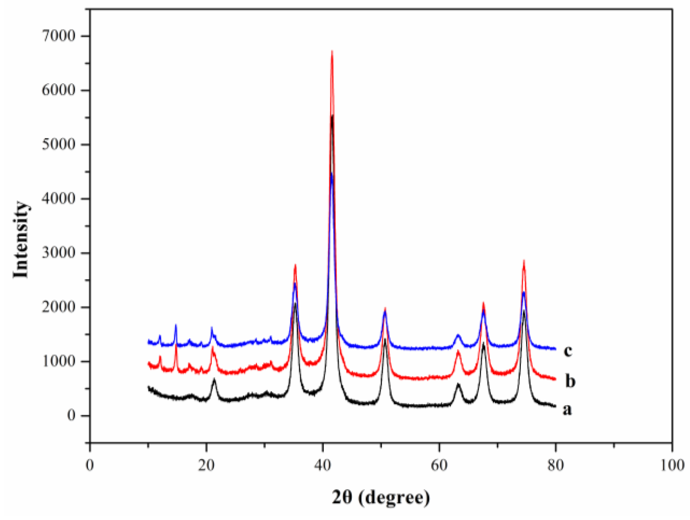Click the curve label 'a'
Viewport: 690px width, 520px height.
click(x=567, y=410)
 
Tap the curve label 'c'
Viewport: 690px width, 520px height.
click(x=567, y=350)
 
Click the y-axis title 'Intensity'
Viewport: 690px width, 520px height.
click(x=21, y=240)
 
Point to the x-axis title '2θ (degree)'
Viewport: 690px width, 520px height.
click(x=381, y=497)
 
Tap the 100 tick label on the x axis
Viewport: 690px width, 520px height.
click(x=671, y=465)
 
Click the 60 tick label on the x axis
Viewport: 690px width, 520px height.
click(x=439, y=465)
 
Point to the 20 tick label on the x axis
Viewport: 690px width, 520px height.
click(x=206, y=465)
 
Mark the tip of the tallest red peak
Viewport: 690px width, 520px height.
click(x=332, y=51)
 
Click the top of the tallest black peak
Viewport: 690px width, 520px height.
click(x=332, y=115)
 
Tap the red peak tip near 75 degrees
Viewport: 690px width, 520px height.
click(x=524, y=260)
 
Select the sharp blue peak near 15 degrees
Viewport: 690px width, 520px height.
click(x=176, y=325)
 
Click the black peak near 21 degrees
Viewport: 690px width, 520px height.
click(x=214, y=379)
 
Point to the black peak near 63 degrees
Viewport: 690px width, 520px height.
click(x=458, y=384)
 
